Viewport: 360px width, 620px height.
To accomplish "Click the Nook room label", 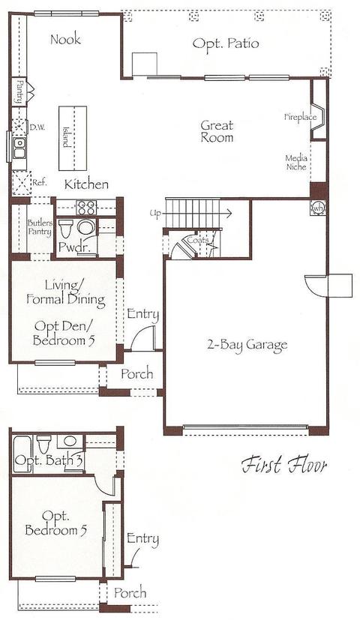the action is click(x=66, y=39).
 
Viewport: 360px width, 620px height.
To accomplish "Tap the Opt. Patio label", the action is click(x=226, y=43).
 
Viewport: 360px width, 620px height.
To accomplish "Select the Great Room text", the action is click(x=217, y=131).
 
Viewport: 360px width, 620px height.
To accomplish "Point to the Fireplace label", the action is click(x=301, y=117).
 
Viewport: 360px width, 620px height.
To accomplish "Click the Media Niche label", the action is click(x=296, y=163).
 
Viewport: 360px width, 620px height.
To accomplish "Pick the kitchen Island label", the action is click(x=66, y=136).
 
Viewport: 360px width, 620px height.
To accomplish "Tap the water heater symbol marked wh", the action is click(x=319, y=206).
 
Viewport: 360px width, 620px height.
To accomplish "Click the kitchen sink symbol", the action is click(x=19, y=148).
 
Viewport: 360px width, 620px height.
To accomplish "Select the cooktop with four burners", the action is click(x=86, y=207).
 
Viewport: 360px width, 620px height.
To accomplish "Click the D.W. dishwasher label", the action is click(x=37, y=127).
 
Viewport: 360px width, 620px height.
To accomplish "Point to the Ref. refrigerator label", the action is click(x=40, y=183).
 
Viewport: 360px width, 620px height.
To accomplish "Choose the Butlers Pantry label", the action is click(x=40, y=228).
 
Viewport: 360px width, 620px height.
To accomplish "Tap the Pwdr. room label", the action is click(x=72, y=247).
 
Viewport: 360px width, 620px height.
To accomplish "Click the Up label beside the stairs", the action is click(x=155, y=214).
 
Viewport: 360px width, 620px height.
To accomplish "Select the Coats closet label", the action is click(x=197, y=240).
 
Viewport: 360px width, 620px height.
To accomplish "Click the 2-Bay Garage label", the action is click(x=247, y=344).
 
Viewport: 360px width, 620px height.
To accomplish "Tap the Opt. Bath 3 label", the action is click(x=49, y=460).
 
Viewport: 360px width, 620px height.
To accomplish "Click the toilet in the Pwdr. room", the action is click(x=66, y=229).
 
